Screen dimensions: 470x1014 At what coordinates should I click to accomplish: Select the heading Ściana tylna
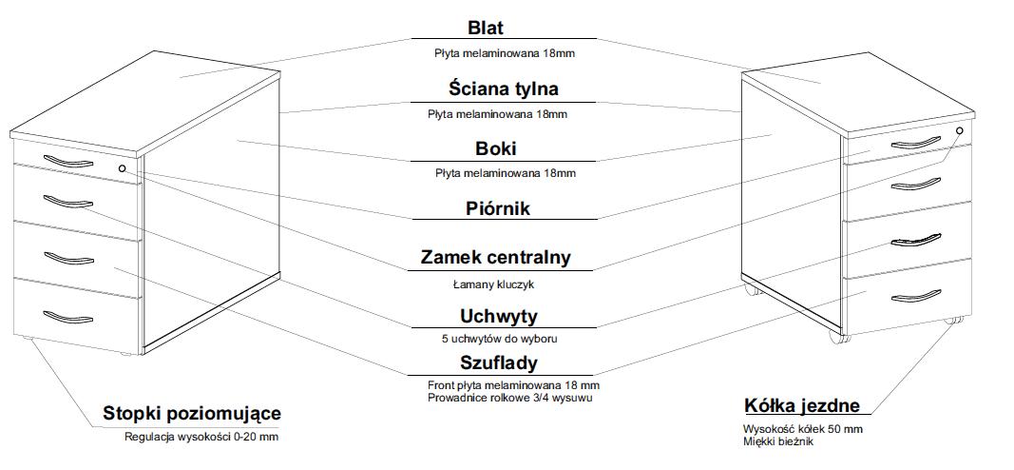(504, 88)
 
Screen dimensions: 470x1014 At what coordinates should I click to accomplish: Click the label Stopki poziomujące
(192, 414)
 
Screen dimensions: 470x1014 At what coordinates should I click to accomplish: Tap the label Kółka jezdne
(802, 406)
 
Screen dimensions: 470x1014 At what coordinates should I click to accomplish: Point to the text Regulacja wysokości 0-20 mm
(201, 438)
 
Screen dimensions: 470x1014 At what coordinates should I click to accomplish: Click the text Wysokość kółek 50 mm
(802, 429)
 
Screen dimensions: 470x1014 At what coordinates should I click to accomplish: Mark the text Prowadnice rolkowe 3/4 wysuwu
(508, 397)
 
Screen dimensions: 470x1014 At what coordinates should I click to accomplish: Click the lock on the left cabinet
(122, 168)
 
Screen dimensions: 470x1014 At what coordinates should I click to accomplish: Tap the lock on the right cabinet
(959, 130)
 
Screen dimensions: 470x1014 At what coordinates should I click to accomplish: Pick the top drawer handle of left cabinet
(67, 164)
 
